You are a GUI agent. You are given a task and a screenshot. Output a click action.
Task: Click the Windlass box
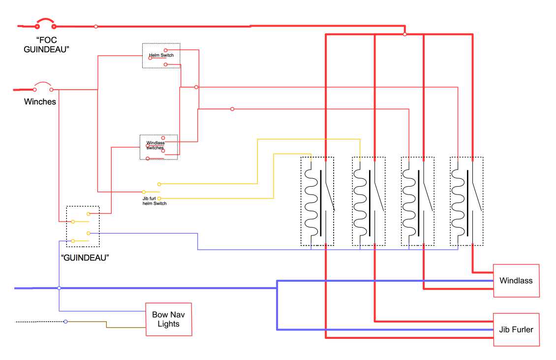(516, 281)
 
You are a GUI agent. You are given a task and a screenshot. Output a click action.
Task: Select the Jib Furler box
(516, 329)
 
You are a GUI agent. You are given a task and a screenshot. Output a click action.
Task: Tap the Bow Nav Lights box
(168, 319)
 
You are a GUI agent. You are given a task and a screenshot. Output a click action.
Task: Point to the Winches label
(40, 102)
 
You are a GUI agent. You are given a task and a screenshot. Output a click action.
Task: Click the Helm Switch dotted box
(161, 56)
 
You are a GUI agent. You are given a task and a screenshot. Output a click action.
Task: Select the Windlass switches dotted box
(158, 147)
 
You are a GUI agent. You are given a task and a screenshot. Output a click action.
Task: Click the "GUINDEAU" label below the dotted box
(84, 257)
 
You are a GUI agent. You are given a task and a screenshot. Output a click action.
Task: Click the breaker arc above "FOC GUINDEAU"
(45, 21)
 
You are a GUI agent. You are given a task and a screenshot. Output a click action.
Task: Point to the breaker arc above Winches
(43, 83)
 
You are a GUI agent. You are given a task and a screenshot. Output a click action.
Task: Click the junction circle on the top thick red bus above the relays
(404, 34)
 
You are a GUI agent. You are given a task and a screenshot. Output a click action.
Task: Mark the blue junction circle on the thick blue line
(59, 288)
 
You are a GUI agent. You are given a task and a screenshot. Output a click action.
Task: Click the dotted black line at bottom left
(39, 322)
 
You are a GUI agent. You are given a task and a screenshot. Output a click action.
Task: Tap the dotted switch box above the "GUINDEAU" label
(83, 226)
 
